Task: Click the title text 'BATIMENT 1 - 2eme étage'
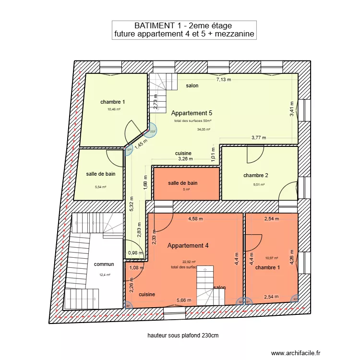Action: tap(184, 26)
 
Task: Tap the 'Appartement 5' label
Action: tap(192, 113)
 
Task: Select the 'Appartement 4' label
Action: tap(188, 246)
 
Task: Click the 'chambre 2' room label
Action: tap(256, 175)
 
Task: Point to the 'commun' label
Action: tap(104, 264)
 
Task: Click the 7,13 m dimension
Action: tap(223, 80)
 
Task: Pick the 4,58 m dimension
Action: tap(196, 219)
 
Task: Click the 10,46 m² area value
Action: tap(114, 109)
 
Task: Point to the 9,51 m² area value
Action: tap(259, 184)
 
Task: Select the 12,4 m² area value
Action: tap(105, 275)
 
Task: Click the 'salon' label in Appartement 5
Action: tap(192, 85)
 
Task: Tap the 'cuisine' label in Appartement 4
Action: tap(147, 294)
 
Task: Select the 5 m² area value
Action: tap(186, 190)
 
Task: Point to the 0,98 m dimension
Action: tap(136, 253)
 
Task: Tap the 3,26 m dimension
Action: tap(185, 158)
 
